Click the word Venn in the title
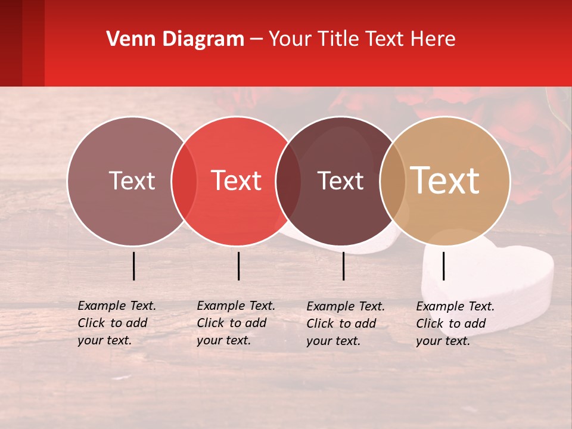[x=125, y=39]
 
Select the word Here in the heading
[x=434, y=39]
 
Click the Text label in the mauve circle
[x=132, y=181]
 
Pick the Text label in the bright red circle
[x=236, y=181]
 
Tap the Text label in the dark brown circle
[x=340, y=181]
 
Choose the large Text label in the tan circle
[x=445, y=181]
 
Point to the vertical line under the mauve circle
[x=133, y=266]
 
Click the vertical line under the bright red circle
[x=238, y=266]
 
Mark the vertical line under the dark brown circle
[x=343, y=266]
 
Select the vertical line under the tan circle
[x=443, y=266]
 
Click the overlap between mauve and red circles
[x=184, y=181]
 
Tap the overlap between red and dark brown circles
[x=288, y=181]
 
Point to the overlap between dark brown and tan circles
[x=393, y=181]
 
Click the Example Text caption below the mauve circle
[x=117, y=323]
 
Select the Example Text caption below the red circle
[x=236, y=323]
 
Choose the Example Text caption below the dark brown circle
[x=346, y=324]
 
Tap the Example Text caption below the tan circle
[x=455, y=324]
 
